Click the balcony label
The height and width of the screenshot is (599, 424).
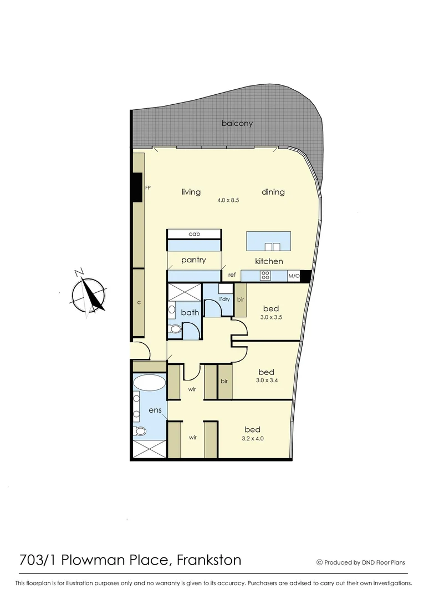[237, 123]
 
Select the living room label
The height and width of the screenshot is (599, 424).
[191, 192]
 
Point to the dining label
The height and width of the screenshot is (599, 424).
[273, 192]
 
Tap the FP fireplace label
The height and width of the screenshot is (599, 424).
[148, 188]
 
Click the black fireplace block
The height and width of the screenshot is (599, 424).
[137, 188]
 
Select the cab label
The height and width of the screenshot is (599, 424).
[194, 234]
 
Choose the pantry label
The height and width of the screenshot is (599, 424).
[193, 260]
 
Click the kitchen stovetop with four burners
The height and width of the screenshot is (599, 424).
[265, 275]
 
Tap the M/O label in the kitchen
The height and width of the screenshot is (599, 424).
[293, 276]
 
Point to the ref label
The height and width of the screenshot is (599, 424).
[232, 275]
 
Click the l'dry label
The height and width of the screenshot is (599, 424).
[224, 299]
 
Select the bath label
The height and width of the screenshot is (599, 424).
[190, 313]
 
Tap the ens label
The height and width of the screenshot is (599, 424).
[155, 410]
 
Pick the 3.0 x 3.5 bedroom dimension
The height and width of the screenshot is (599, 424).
[271, 318]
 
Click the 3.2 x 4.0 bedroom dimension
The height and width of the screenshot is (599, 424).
[252, 439]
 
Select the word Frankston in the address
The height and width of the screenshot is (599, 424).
[208, 560]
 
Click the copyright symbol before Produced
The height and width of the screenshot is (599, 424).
[319, 562]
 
